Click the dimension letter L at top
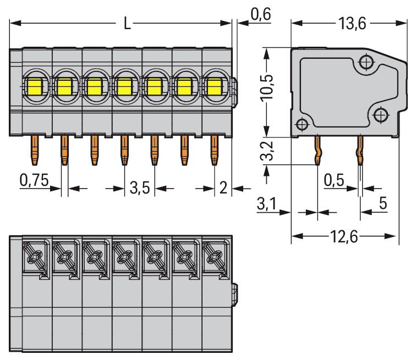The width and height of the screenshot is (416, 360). tap(127, 23)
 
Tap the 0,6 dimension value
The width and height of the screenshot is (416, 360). tap(261, 14)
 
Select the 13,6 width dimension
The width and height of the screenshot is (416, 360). tap(352, 23)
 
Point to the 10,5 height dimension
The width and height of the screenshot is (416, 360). tap(267, 88)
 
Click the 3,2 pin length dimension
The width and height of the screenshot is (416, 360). tap(267, 151)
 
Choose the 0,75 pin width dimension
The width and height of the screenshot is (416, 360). tap(34, 180)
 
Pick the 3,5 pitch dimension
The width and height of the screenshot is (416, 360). tap(140, 188)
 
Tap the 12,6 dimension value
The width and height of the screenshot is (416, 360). tap(344, 236)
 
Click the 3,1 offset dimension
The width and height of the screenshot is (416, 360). tap(267, 204)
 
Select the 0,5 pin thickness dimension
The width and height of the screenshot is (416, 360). tap(334, 180)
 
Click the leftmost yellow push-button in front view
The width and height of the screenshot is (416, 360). tap(35, 87)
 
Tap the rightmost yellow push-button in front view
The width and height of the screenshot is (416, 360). tap(215, 87)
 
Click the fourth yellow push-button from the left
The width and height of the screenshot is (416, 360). tap(125, 87)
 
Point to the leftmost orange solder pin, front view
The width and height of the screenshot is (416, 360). tap(35, 150)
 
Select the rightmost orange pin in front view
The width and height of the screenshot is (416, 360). tap(215, 150)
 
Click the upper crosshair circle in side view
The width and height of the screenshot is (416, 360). tap(366, 62)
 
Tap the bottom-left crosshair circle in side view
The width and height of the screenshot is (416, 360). tap(302, 124)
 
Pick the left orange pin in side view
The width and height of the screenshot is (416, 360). tap(318, 151)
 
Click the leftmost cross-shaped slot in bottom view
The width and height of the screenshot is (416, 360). tap(35, 257)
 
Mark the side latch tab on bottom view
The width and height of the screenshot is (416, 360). tap(235, 295)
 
